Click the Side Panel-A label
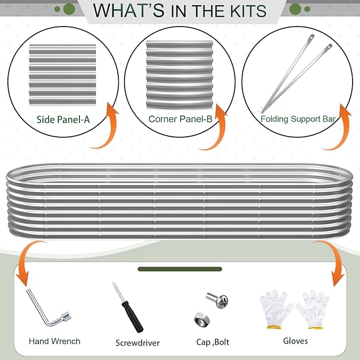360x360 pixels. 63,120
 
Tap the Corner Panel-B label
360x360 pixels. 180,119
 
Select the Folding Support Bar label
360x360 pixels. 298,119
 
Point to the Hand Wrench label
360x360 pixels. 55,341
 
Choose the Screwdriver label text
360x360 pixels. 137,343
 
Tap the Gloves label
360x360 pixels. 295,341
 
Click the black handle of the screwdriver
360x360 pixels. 133,317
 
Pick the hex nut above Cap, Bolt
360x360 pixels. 202,320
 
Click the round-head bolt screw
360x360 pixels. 217,300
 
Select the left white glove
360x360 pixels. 276,309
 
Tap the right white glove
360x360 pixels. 313,310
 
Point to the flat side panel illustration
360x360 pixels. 63,75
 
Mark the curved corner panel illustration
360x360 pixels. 180,75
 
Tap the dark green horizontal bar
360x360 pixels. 180,269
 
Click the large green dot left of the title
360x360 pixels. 69,9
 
